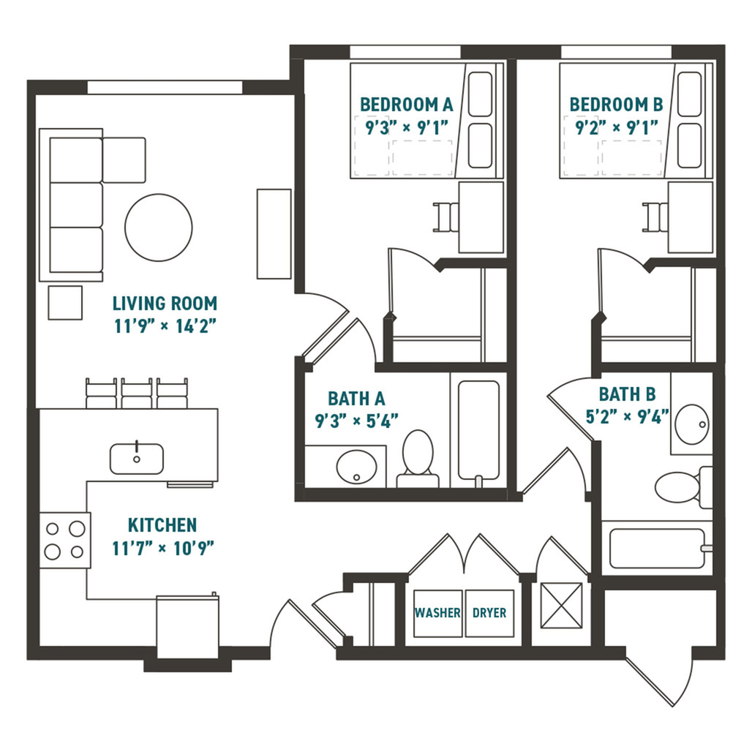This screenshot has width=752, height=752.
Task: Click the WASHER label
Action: tap(437, 613)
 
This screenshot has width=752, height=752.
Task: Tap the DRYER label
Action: tap(489, 613)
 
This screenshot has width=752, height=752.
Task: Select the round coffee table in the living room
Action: tap(159, 227)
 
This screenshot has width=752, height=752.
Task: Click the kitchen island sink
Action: tap(137, 459)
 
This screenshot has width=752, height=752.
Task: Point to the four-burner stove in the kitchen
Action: tap(65, 540)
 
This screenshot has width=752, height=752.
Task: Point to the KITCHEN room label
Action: tap(162, 525)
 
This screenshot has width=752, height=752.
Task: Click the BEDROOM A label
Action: tap(407, 105)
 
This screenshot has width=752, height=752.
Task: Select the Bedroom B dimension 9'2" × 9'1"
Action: tap(617, 127)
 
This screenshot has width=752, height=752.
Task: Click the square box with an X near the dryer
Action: tap(561, 605)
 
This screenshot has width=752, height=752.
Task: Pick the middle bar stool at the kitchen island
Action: tap(137, 394)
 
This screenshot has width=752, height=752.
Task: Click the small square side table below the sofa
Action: tap(65, 303)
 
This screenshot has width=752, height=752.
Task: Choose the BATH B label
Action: tap(627, 395)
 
